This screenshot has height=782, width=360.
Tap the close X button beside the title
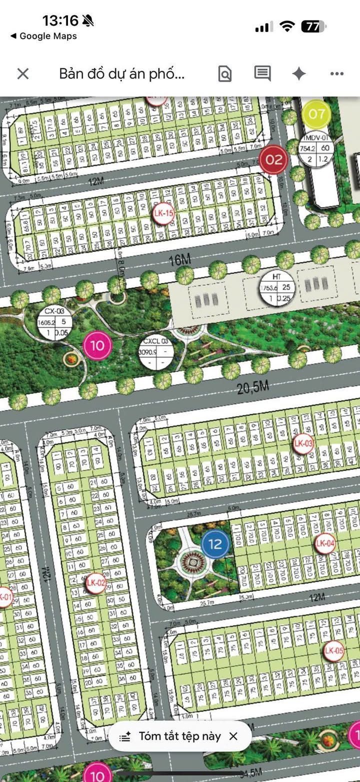(23, 74)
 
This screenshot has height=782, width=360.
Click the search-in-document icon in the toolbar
(225, 74)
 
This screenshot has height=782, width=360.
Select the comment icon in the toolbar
(262, 73)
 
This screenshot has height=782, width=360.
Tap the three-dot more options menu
(337, 74)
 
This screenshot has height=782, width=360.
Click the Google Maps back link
(43, 36)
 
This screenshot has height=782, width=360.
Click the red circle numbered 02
(274, 160)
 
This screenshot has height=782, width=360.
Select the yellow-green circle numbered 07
(316, 114)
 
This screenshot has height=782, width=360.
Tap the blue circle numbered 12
(215, 544)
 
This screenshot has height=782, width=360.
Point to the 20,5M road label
(253, 387)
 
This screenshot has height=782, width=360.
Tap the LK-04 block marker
(325, 543)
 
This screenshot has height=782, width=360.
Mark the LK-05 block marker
(333, 651)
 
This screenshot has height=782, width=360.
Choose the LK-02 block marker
(96, 583)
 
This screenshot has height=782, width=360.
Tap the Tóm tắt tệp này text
(179, 736)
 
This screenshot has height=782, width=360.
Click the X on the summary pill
(233, 736)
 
